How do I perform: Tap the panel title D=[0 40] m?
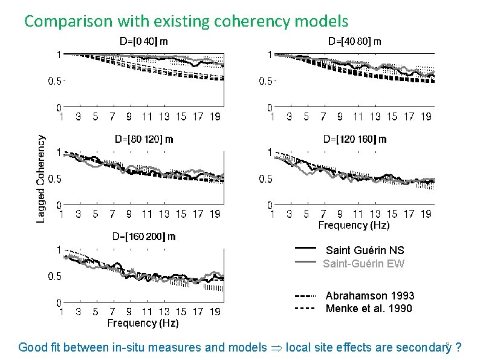[x=143, y=42]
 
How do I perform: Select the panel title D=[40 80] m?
[x=354, y=42]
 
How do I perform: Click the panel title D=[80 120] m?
[x=144, y=139]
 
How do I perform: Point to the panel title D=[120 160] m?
[x=355, y=139]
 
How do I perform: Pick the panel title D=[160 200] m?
[x=144, y=236]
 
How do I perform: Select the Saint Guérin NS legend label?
[x=365, y=250]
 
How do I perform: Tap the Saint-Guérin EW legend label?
[x=363, y=264]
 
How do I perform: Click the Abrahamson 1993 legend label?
[x=369, y=296]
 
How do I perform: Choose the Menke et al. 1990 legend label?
[x=369, y=309]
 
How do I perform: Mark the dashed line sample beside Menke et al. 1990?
[x=305, y=309]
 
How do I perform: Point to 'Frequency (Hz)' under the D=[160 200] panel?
[x=143, y=323]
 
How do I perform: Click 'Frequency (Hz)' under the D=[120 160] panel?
[x=354, y=225]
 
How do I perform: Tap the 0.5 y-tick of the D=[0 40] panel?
[x=55, y=81]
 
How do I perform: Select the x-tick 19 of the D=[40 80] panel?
[x=426, y=117]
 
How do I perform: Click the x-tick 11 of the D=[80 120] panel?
[x=147, y=214]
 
